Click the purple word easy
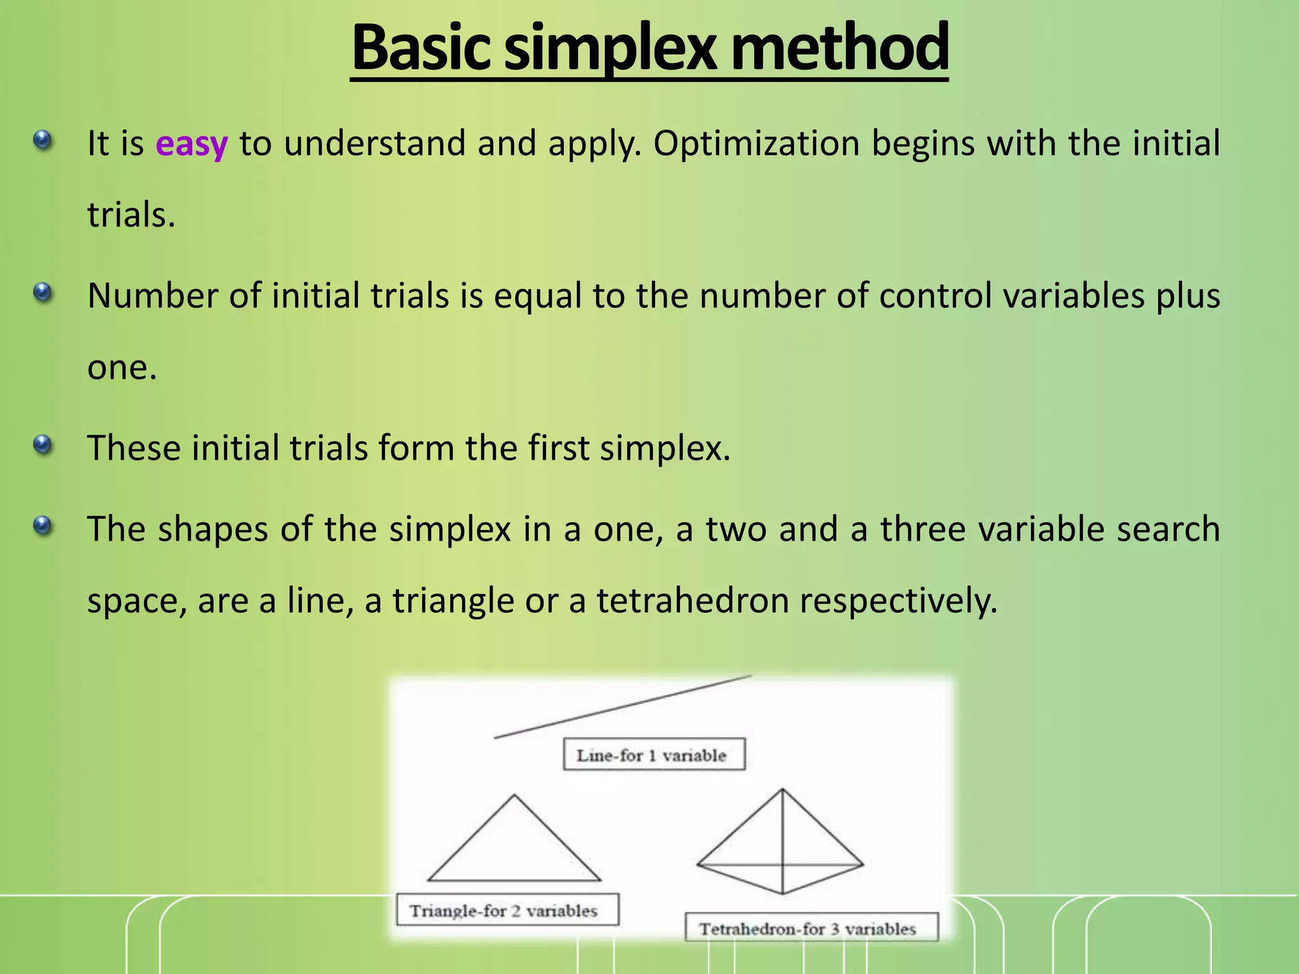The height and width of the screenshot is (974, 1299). (x=191, y=145)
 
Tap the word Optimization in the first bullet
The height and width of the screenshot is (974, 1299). (x=756, y=144)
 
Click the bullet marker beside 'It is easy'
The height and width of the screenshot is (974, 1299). (x=42, y=140)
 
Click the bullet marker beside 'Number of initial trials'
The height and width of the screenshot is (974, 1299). (x=42, y=292)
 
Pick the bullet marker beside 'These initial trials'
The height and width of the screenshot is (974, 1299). (x=42, y=445)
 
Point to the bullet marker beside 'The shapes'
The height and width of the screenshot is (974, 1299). (x=42, y=525)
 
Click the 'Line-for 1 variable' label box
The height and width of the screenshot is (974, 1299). (x=653, y=755)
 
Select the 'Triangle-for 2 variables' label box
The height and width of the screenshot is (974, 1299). (x=507, y=911)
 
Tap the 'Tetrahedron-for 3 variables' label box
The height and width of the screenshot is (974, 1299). (x=811, y=928)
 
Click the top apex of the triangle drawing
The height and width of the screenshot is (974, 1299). (x=514, y=796)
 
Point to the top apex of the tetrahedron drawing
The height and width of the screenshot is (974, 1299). (x=782, y=790)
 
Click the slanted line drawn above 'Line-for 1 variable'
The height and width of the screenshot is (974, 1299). (x=622, y=707)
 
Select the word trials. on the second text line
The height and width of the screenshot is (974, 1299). (x=131, y=215)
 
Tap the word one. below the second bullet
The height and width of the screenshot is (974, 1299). (x=122, y=368)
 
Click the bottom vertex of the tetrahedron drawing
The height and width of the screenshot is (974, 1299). (x=783, y=893)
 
